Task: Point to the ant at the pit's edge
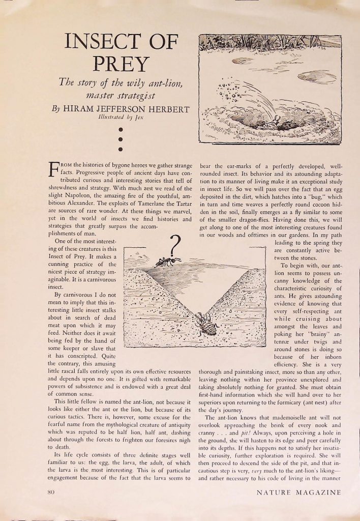pos(168,262)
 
